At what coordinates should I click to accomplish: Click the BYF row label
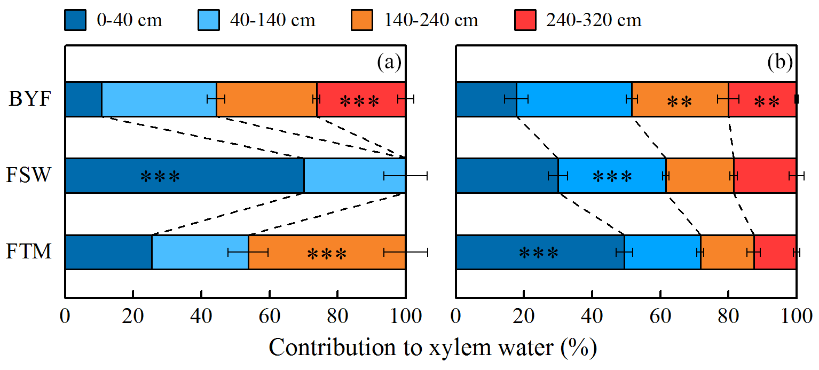[30, 99]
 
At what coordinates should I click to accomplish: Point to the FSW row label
[30, 176]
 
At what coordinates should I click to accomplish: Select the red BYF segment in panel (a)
[361, 99]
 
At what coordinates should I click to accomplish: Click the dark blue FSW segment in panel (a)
[184, 176]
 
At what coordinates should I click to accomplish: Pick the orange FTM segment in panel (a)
[327, 252]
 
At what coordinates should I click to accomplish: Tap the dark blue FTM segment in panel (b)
[540, 252]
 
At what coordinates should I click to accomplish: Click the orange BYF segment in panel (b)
[680, 99]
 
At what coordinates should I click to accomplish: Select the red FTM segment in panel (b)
[775, 252]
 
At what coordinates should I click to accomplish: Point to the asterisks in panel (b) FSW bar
[612, 176]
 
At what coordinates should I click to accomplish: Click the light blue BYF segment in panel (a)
[159, 99]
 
